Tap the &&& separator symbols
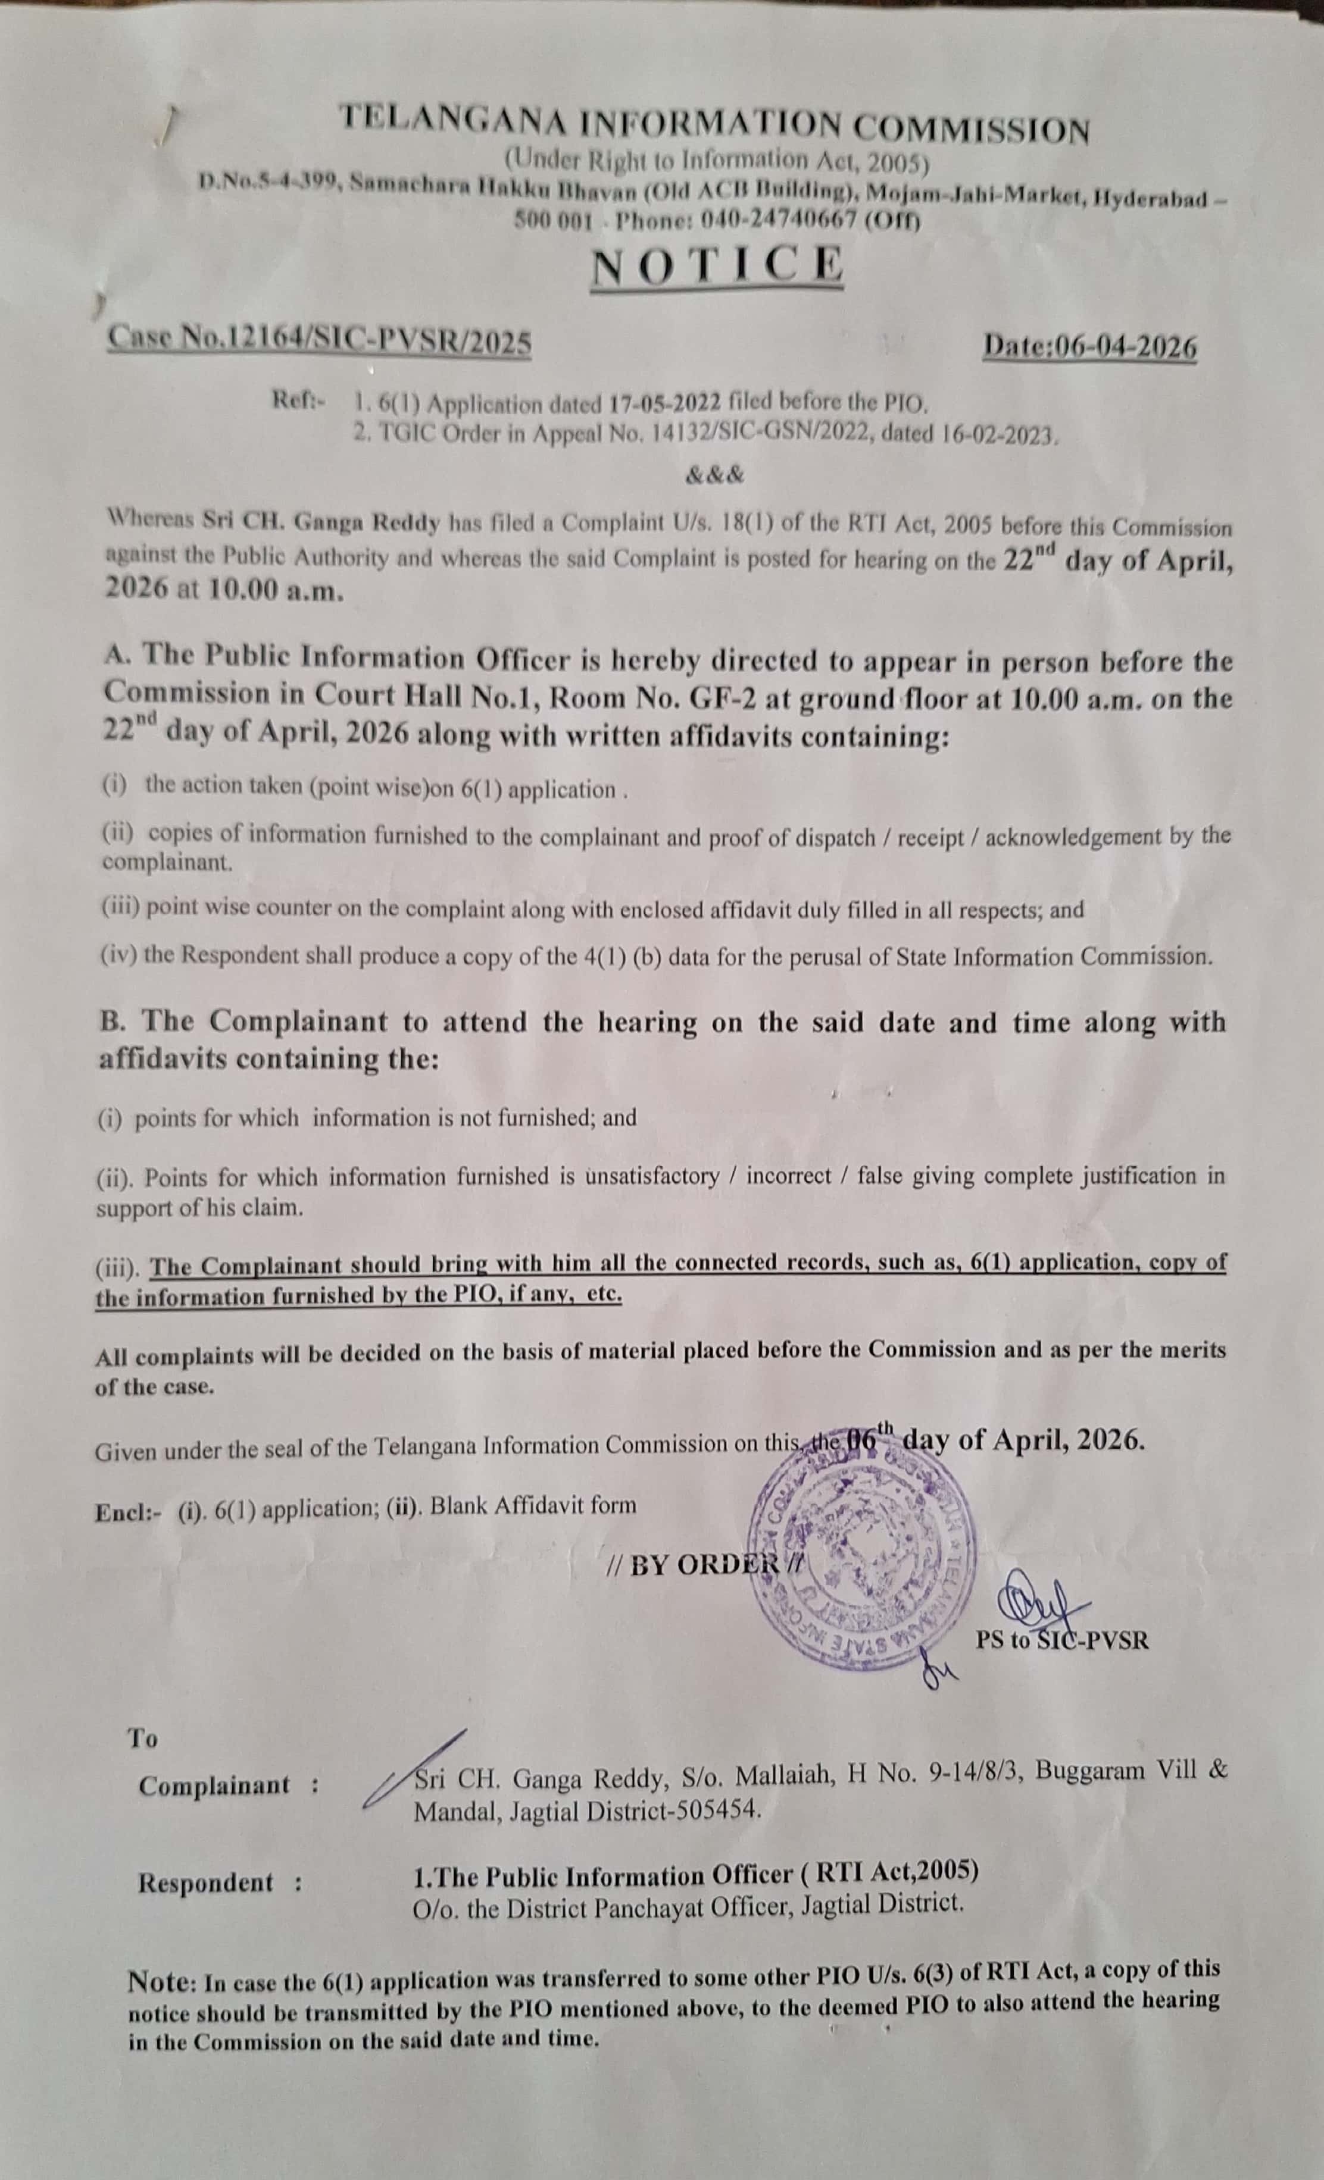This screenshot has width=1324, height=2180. (x=715, y=475)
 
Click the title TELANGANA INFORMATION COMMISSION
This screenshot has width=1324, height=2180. (x=715, y=123)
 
